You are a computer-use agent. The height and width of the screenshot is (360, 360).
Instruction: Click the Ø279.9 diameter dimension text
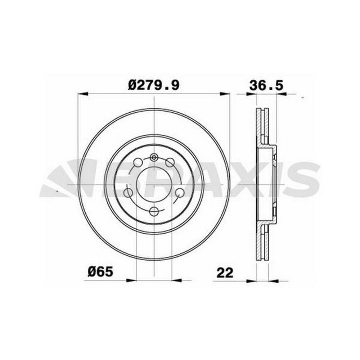click(154, 85)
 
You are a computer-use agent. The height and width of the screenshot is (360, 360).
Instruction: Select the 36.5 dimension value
click(266, 86)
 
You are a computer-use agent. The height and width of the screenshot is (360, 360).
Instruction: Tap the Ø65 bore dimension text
click(100, 272)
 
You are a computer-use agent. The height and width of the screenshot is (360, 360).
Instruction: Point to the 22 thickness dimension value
click(225, 273)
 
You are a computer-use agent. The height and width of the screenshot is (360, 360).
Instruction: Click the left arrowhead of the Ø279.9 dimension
click(83, 94)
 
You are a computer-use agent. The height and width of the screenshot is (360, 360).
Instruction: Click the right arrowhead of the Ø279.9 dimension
click(225, 94)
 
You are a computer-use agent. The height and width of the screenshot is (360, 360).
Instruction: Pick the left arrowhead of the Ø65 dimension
click(131, 280)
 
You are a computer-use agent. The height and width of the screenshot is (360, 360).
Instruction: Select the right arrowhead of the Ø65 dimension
click(176, 280)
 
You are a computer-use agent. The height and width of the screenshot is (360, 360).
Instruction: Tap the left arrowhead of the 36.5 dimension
click(251, 94)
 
